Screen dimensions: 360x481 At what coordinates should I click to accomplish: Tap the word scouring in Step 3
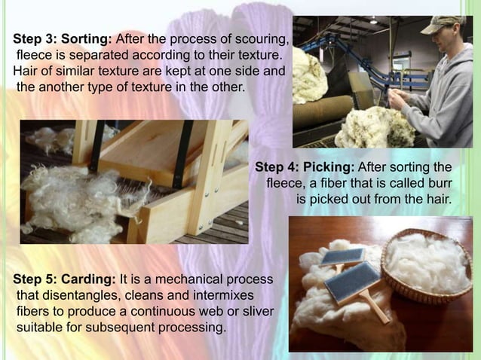pyautogui.click(x=261, y=38)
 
